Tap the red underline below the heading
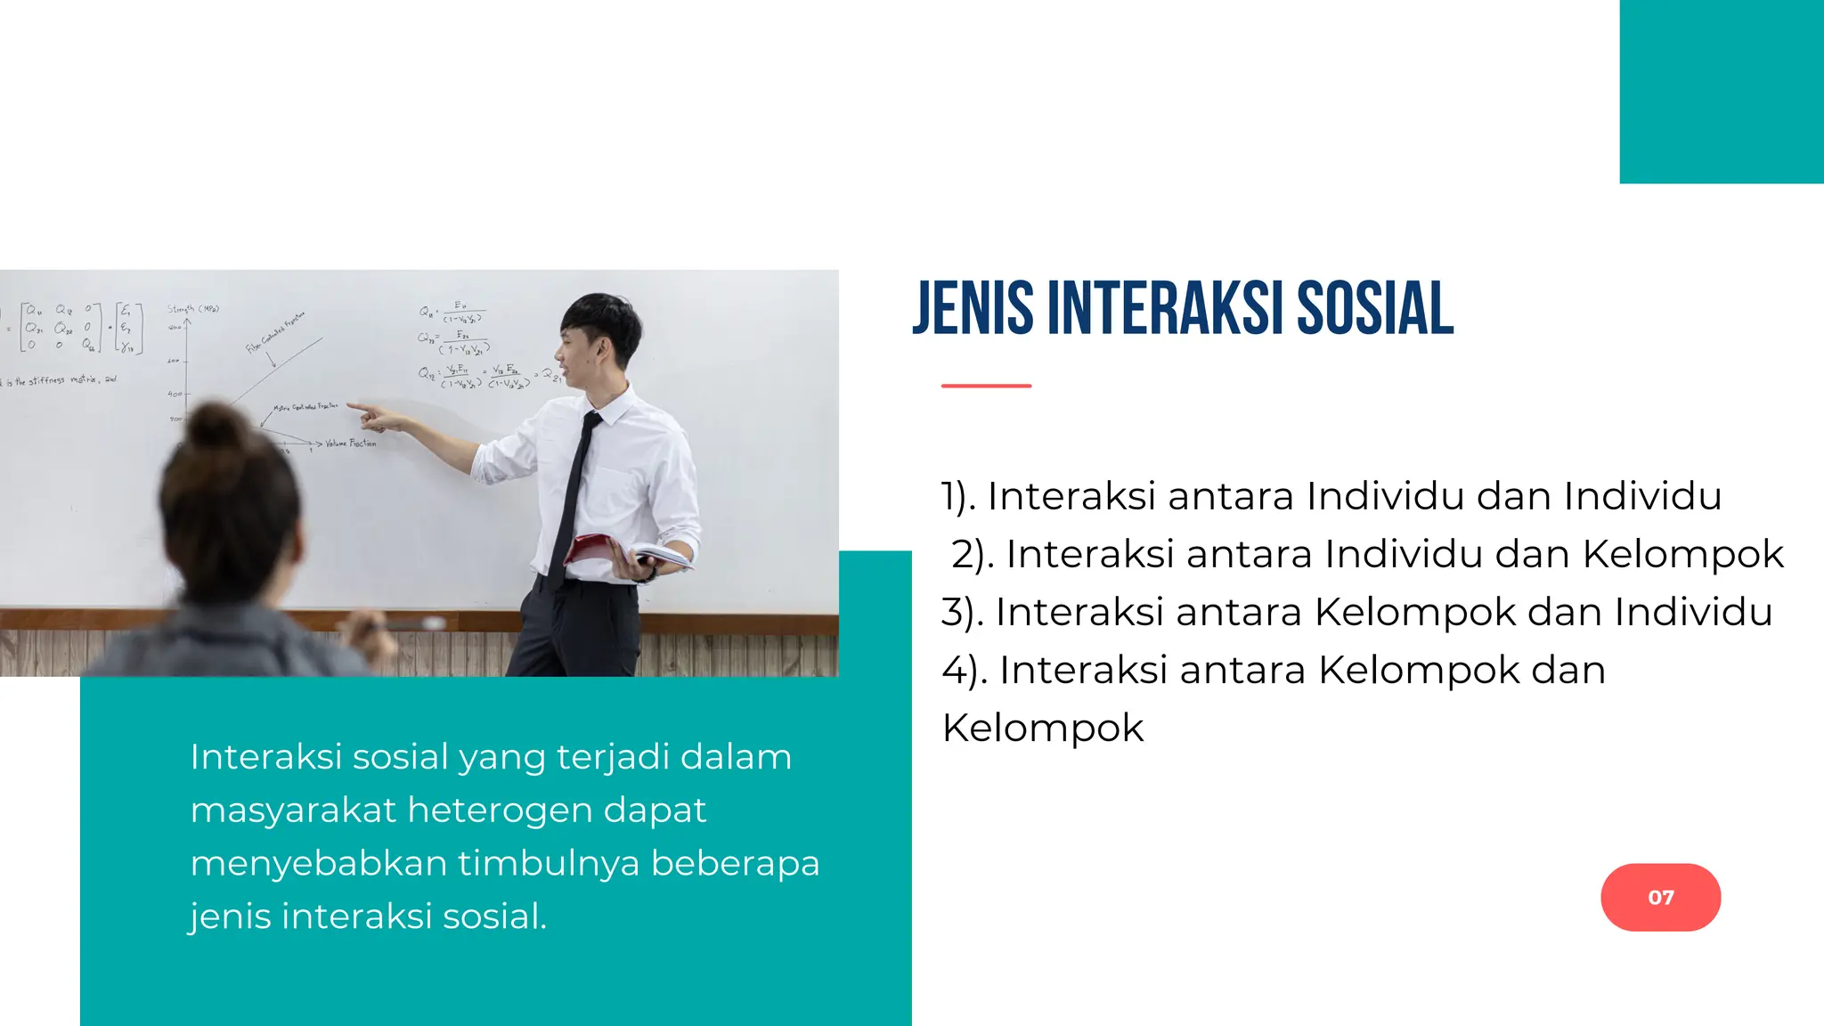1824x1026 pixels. (986, 386)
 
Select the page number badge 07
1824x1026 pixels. (1660, 897)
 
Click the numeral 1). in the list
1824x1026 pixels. (958, 497)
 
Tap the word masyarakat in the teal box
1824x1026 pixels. (292, 810)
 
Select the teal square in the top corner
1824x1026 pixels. (1721, 91)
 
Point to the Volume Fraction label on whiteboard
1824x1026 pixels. (350, 443)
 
